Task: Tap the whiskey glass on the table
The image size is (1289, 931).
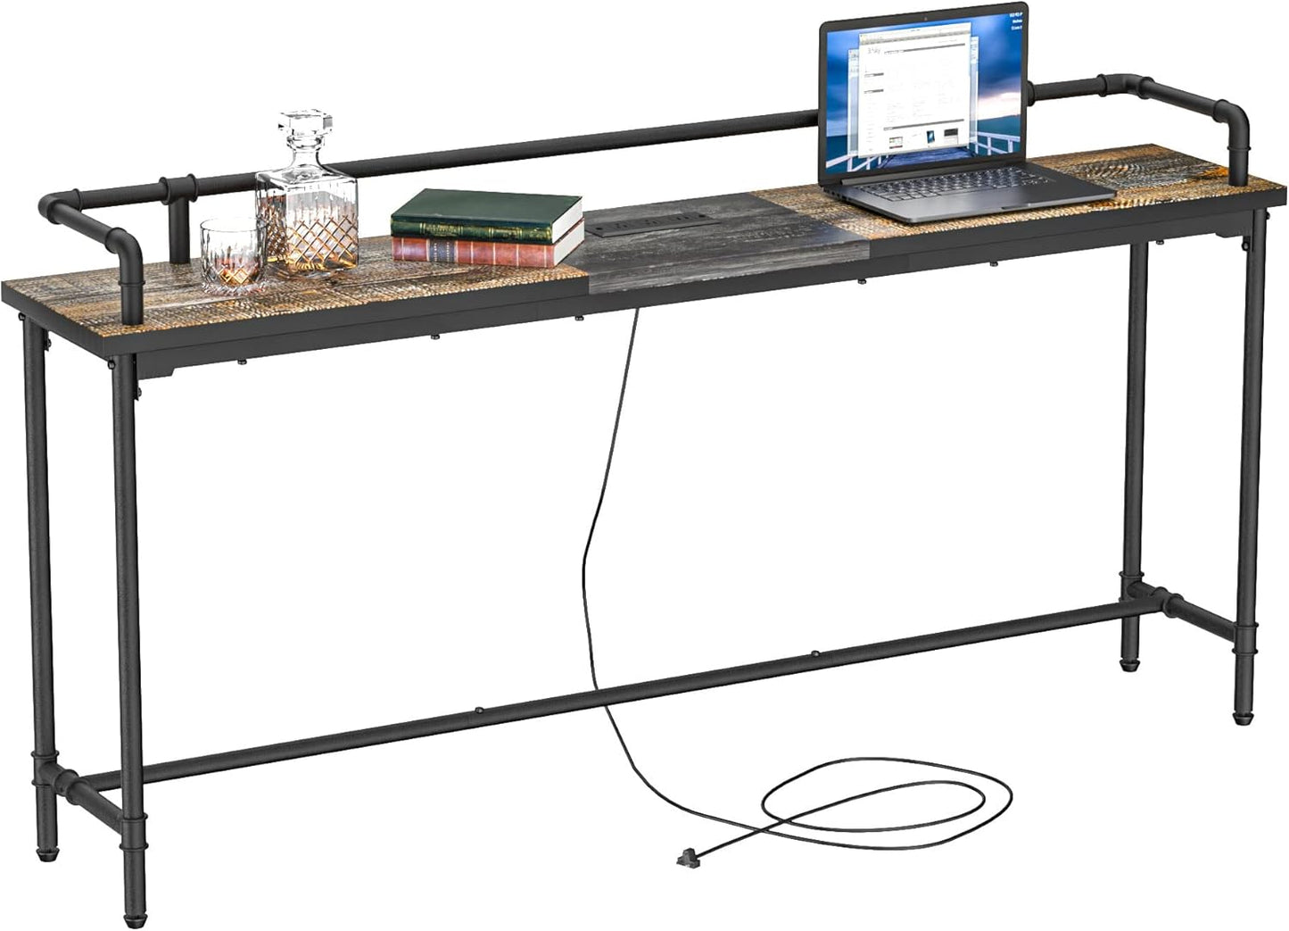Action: (231, 256)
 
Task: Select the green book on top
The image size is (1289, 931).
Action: (486, 212)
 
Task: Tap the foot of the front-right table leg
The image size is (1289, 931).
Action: (1242, 714)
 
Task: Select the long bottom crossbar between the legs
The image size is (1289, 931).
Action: (624, 692)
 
